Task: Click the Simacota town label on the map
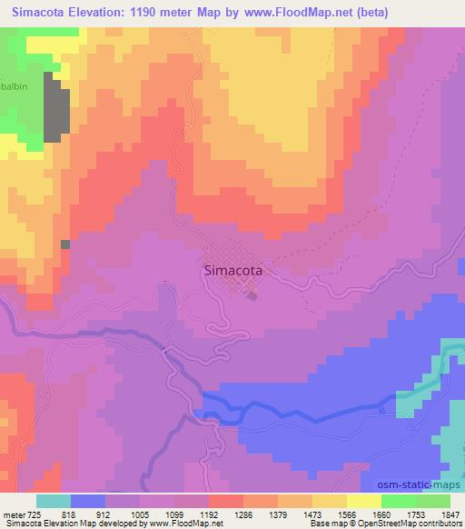click(232, 270)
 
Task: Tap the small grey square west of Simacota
click(64, 244)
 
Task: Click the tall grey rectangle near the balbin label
click(55, 111)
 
